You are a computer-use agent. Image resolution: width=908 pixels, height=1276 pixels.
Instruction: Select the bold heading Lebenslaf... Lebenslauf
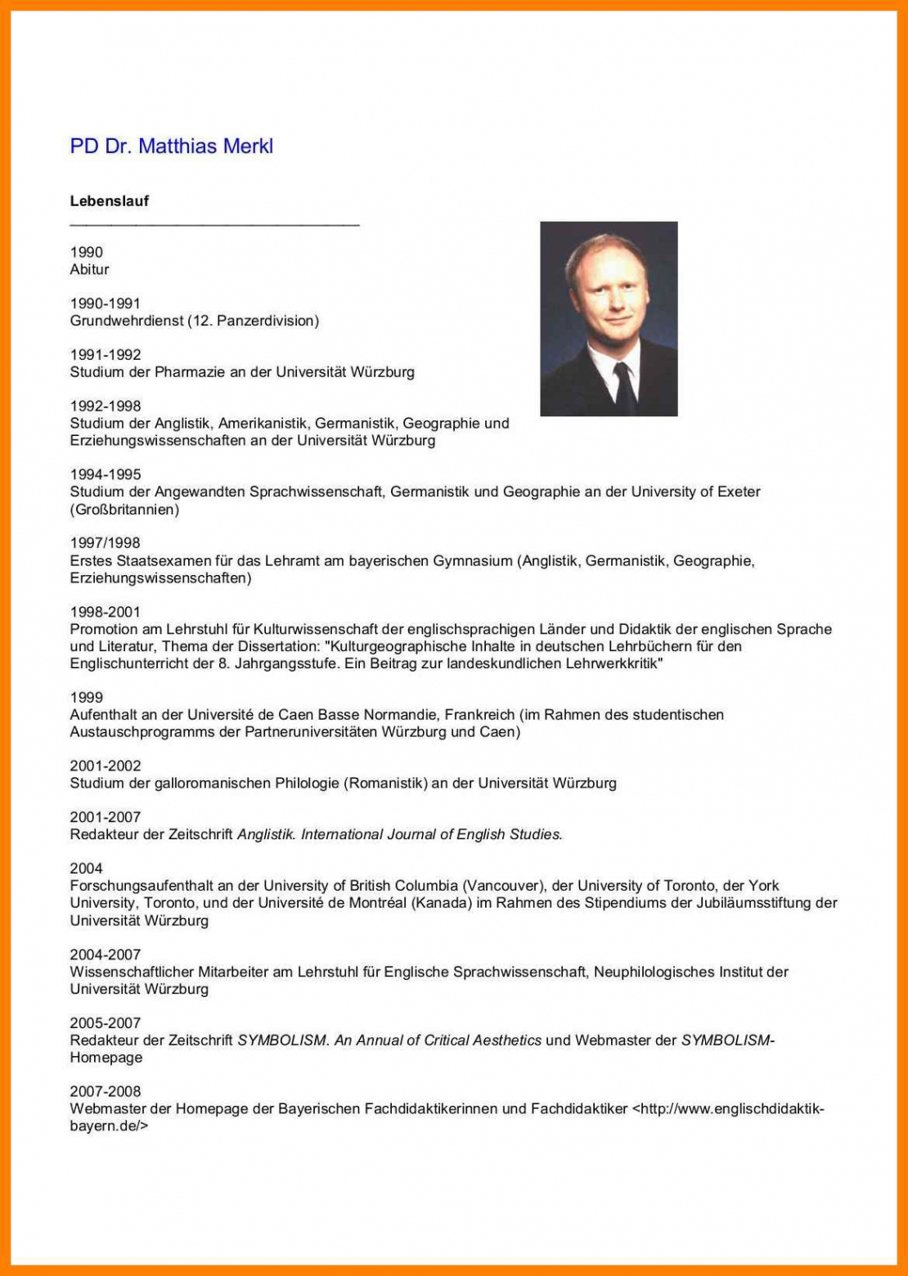[109, 201]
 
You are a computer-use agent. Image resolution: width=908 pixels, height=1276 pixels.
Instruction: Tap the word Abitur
[89, 270]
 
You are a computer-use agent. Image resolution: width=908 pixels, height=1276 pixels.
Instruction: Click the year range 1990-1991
[105, 303]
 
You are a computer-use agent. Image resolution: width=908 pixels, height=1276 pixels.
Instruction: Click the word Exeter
[738, 492]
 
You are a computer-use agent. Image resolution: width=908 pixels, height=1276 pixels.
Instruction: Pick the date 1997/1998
[105, 543]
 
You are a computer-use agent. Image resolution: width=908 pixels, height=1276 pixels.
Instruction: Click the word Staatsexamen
[164, 561]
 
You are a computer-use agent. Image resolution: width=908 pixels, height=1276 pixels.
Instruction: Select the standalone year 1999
[86, 698]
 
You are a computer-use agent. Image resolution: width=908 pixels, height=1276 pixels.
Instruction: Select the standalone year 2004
[86, 869]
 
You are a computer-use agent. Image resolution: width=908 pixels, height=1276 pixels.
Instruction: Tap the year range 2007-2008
[105, 1091]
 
